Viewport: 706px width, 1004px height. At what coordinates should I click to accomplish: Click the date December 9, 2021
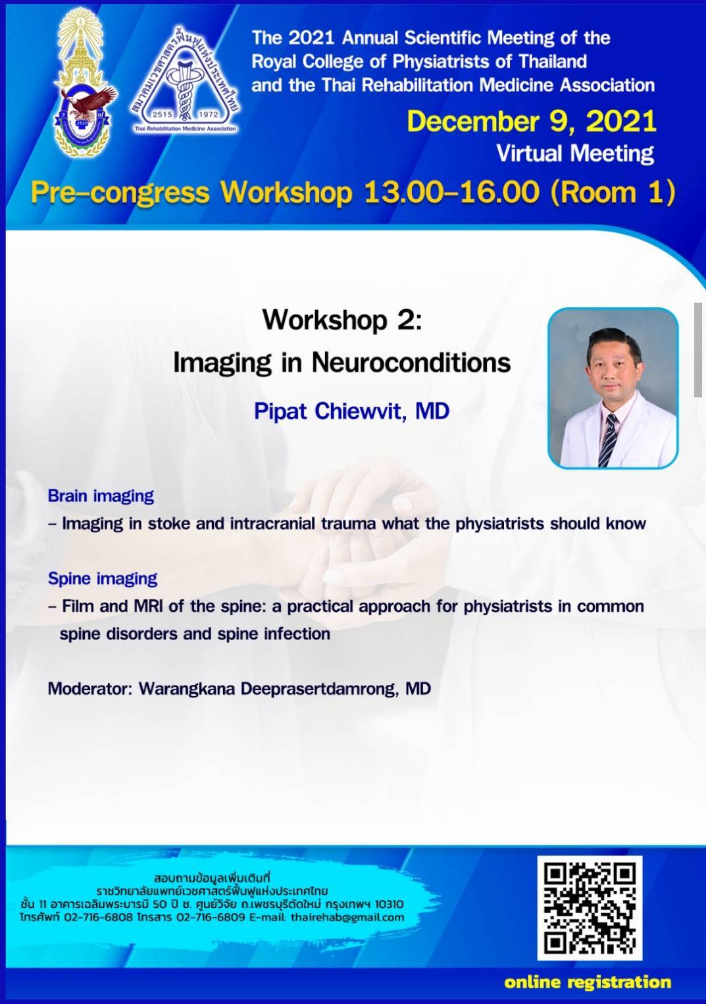[532, 122]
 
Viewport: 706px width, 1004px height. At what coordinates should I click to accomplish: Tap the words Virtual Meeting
[575, 154]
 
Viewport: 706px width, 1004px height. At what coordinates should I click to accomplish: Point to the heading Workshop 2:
[342, 320]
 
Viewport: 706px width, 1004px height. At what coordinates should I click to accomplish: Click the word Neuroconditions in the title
[411, 362]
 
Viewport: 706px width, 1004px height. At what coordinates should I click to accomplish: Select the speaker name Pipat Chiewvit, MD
[352, 411]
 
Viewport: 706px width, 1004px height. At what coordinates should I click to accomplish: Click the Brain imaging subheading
[101, 495]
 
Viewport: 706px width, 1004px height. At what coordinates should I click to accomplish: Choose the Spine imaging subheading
[103, 578]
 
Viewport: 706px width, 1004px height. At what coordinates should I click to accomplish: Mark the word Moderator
[89, 689]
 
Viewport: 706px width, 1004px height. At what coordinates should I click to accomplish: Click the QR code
[590, 909]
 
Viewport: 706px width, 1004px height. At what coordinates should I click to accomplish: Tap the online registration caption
[588, 982]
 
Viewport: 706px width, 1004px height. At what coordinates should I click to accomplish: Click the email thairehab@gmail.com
[347, 917]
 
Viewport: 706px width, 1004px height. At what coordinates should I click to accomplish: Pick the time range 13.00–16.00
[451, 192]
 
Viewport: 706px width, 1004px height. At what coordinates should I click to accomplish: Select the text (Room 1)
[613, 192]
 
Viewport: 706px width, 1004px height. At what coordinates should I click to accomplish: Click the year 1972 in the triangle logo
[209, 114]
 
